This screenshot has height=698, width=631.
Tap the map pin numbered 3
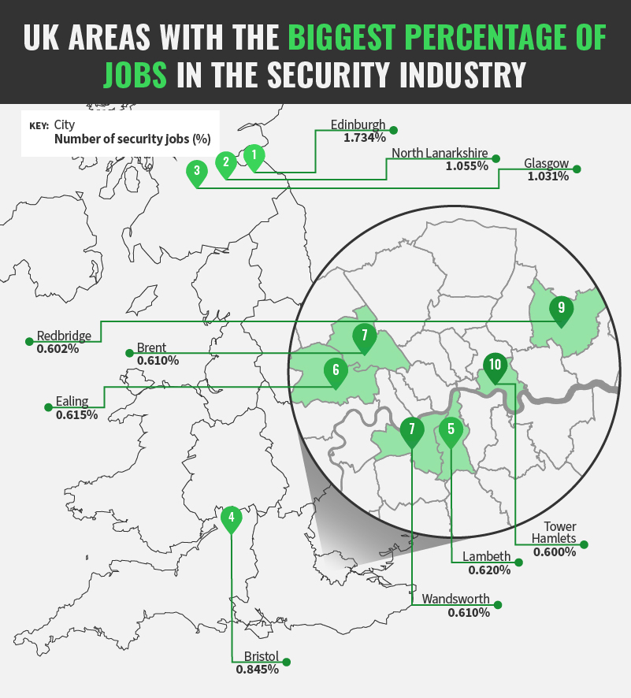197,171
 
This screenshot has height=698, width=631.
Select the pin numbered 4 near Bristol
231,518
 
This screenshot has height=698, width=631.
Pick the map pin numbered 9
561,308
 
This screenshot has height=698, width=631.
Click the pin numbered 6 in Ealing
336,370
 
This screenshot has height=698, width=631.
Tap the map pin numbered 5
451,430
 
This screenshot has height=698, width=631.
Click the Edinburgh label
358,124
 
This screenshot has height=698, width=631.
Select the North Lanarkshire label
440,154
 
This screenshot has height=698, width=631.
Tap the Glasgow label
546,164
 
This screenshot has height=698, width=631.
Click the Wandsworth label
455,599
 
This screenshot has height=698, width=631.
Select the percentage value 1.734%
364,137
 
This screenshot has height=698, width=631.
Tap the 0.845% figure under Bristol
257,670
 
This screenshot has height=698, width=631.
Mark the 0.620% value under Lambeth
489,570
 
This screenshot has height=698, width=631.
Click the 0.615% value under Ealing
76,414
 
